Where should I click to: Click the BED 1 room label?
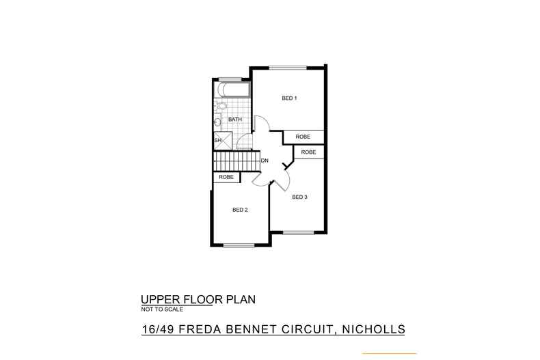point(289,98)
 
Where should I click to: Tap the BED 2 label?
point(240,210)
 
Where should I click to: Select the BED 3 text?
point(299,197)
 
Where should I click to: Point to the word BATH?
point(235,119)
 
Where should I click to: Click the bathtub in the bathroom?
point(232,89)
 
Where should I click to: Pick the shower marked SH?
point(223,141)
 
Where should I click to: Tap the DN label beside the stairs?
point(265,161)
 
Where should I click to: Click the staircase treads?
point(237,161)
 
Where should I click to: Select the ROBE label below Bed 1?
point(303,137)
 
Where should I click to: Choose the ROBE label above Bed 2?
point(226,177)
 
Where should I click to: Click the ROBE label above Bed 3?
point(308,152)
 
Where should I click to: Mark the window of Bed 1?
point(288,68)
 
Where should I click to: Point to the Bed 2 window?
point(239,245)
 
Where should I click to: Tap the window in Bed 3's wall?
point(299,233)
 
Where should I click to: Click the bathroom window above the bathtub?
point(230,79)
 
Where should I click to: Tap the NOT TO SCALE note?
point(162,309)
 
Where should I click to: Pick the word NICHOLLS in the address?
point(373,329)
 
